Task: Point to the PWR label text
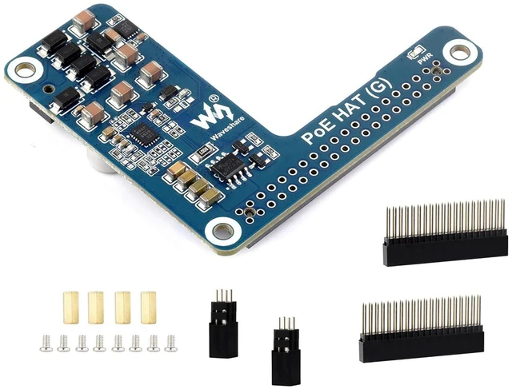[x=426, y=58]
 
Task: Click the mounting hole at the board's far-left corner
[x=25, y=70]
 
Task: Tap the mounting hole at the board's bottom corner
[x=223, y=230]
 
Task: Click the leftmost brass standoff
[x=71, y=308]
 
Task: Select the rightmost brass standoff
[x=149, y=308]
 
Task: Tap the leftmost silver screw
[x=46, y=343]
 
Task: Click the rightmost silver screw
[x=170, y=343]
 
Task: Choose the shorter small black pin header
[x=286, y=351]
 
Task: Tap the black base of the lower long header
[x=422, y=344]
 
